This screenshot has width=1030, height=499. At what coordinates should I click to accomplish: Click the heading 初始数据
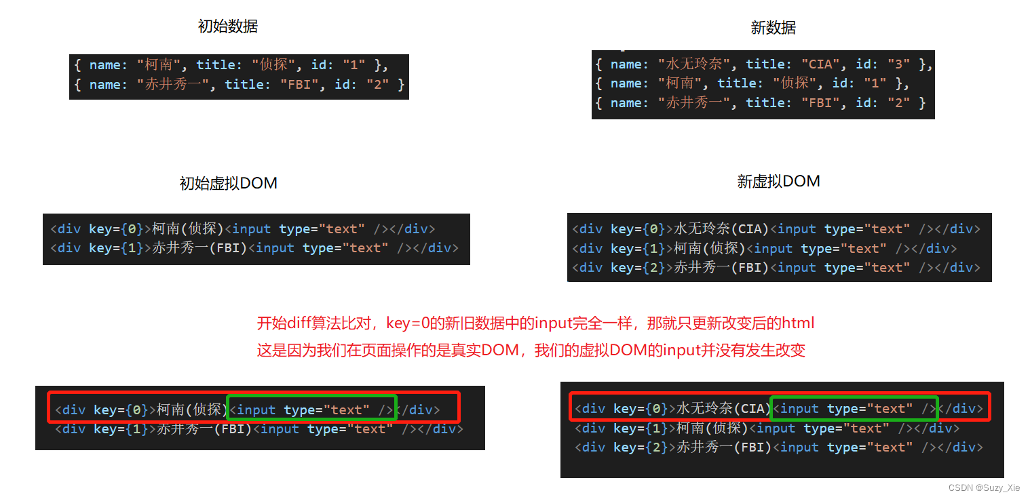[x=227, y=26]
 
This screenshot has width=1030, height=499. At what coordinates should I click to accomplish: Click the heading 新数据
[x=773, y=28]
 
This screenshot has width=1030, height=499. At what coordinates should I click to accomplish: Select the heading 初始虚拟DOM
[x=228, y=184]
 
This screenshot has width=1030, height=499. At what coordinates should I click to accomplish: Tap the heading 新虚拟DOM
[x=778, y=182]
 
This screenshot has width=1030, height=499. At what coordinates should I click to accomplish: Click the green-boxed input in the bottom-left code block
[x=311, y=410]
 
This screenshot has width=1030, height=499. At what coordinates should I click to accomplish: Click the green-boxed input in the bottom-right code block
[x=854, y=408]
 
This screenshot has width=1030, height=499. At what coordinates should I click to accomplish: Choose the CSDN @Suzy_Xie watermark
[x=983, y=488]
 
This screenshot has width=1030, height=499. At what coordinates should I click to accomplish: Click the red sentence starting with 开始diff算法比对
[x=535, y=323]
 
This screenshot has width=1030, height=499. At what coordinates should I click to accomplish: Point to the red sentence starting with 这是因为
[x=531, y=351]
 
